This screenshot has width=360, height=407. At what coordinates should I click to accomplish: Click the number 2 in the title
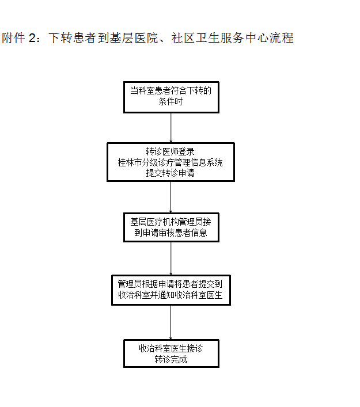[33, 38]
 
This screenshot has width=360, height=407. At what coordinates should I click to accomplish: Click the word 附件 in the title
[13, 38]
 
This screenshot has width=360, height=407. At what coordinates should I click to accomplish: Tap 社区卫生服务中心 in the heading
[220, 38]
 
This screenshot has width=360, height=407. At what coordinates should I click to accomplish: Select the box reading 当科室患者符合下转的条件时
[171, 97]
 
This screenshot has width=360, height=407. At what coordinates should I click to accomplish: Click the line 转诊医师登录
[170, 151]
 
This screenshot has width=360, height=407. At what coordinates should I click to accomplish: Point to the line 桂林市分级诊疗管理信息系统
[170, 162]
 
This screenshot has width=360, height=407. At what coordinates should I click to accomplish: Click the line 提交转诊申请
[170, 173]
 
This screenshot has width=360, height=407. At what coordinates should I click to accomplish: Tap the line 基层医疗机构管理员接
[170, 222]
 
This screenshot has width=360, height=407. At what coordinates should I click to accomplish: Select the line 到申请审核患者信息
[170, 233]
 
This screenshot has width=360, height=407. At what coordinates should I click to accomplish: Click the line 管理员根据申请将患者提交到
[170, 284]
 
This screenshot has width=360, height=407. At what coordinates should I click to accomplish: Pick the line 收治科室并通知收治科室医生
[170, 295]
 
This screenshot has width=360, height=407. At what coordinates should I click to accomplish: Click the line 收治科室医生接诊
[171, 348]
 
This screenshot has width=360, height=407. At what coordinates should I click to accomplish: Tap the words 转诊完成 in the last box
[171, 359]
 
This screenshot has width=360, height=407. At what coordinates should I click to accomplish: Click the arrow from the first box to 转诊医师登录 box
[171, 128]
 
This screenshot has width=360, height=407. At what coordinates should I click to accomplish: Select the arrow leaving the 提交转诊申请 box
[170, 197]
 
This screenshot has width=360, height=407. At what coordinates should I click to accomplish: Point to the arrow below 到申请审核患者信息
[171, 258]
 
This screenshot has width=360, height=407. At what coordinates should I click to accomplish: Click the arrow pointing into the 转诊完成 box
[170, 322]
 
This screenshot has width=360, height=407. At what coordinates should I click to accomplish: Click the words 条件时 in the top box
[171, 101]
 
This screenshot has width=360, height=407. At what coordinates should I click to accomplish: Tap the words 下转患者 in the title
[73, 38]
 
